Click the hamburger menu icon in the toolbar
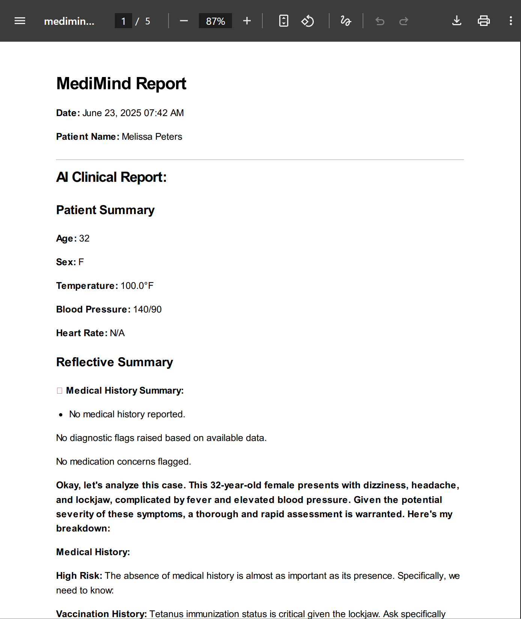coord(20,21)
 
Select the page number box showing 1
coord(123,21)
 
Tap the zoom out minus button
coord(184,21)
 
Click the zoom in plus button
coord(247,21)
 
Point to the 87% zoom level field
coord(215,21)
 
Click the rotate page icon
coord(307,21)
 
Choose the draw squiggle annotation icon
coord(346,21)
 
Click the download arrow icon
coord(456,21)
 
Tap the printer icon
coord(483,21)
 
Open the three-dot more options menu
coord(510,21)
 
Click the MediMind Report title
coord(121,83)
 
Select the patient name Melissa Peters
coord(152,137)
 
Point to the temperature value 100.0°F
coord(137,286)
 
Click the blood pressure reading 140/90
coord(147,309)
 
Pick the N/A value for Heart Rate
coord(117,333)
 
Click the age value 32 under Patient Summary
coord(84,239)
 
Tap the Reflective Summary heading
coord(114,362)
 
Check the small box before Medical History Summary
coord(59,391)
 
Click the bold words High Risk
coord(79,576)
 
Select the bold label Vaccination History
coord(101,614)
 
